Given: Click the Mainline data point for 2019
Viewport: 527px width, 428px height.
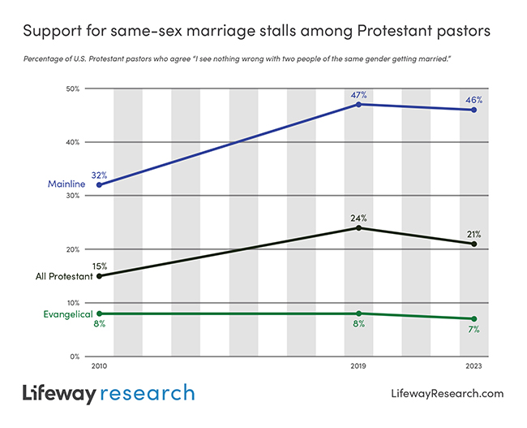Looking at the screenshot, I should click(358, 104).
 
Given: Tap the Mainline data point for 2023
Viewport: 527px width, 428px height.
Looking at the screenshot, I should click(473, 110).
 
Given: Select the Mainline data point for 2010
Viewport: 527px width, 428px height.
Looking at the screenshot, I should click(99, 184).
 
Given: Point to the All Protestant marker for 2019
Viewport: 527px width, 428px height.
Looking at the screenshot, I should click(358, 227).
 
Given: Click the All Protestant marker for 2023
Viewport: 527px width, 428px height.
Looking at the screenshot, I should click(473, 244).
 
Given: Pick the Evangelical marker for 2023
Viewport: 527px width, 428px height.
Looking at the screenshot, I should click(473, 318).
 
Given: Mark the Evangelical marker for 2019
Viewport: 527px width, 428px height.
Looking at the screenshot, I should click(358, 313).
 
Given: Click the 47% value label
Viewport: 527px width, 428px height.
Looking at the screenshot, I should click(358, 95).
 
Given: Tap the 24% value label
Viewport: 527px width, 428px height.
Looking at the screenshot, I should click(358, 218).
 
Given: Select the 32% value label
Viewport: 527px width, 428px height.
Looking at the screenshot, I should click(99, 175).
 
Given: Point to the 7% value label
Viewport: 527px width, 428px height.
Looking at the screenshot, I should click(473, 329).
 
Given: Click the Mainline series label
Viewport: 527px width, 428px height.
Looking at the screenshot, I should click(66, 184).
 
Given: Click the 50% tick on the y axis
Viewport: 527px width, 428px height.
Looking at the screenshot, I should click(72, 89).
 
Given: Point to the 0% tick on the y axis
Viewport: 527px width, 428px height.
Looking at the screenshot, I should click(75, 356).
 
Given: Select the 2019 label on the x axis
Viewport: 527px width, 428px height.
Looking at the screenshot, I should click(358, 367).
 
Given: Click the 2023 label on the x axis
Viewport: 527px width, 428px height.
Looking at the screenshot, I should click(473, 367).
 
